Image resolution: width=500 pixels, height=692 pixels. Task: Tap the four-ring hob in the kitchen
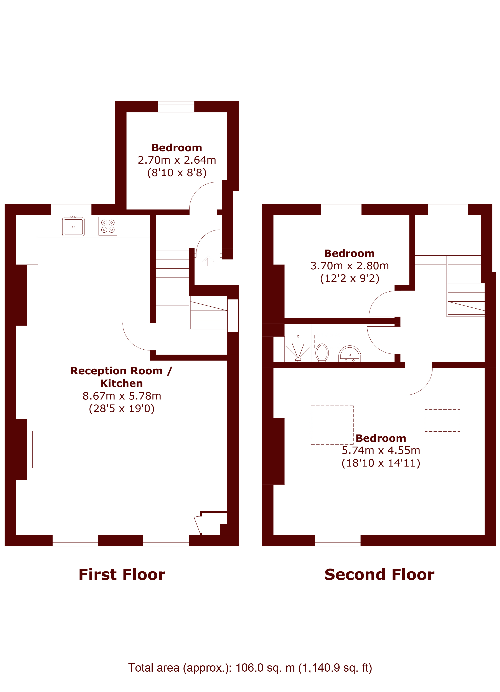coord(108,226)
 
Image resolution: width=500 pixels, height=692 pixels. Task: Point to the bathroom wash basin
coord(350,354)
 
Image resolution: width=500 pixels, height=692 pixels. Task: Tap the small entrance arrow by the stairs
coord(208,260)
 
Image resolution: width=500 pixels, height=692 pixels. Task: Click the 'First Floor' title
coord(122,575)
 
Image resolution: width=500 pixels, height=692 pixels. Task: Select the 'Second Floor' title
coord(380,575)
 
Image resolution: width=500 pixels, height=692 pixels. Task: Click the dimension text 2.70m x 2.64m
coord(177,160)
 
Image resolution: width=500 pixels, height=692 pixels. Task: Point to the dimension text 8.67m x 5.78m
coord(122,396)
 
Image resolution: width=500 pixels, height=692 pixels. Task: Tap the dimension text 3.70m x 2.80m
coord(350,266)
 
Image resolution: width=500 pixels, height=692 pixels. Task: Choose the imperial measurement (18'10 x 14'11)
coord(381,463)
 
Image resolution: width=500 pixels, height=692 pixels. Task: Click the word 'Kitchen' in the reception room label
coord(122,383)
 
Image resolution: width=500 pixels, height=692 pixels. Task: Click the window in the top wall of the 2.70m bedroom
coord(176,107)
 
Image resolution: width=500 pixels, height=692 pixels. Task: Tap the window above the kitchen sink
coord(71,210)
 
